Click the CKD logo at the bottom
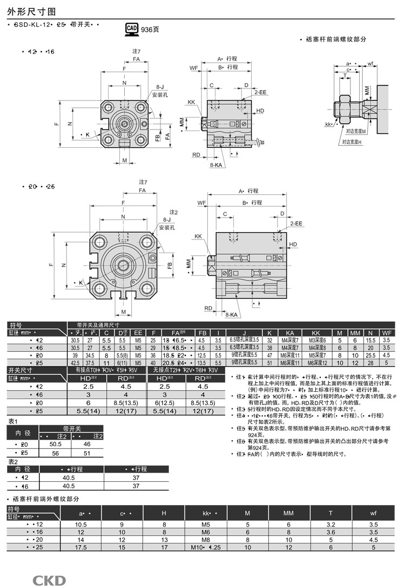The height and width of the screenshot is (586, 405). pos(49,580)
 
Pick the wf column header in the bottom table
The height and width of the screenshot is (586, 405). pos(373,513)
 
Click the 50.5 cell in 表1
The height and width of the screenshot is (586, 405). pos(55,444)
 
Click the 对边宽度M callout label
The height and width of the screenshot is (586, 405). pos(356,131)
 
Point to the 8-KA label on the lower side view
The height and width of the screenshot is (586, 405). pos(232,315)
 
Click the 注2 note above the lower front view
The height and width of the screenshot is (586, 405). pos(173,212)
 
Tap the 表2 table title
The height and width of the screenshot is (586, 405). pos(13,462)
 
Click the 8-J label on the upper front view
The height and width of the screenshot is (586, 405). pos(160,86)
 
